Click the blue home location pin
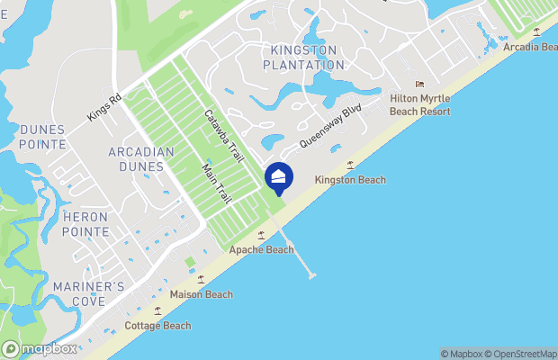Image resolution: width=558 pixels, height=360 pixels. pos(279,176)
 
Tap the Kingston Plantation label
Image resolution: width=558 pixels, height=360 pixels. pos(303,57)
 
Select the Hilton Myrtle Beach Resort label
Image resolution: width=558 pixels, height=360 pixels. pos(419,104)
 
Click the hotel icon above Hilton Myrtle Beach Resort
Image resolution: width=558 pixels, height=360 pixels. pos(419,85)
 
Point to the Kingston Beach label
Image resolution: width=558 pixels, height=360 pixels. pos(350,180)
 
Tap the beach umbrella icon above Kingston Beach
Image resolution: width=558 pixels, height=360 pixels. pos(350,165)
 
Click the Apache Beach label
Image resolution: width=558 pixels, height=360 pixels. pos(261,249)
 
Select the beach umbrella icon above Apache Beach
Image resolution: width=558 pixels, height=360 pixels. pos(261,235)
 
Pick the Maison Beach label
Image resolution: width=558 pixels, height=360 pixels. pos(201,294)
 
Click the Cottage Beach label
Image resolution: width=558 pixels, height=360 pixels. pos(157,326)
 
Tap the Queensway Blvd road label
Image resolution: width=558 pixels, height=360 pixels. pos(330,128)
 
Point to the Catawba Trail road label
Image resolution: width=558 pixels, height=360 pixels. pos(224,137)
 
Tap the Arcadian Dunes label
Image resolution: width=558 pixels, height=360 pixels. pos(140,158)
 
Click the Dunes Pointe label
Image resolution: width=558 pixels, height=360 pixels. pos(42,137)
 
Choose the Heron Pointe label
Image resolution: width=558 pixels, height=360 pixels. pos(85,224)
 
